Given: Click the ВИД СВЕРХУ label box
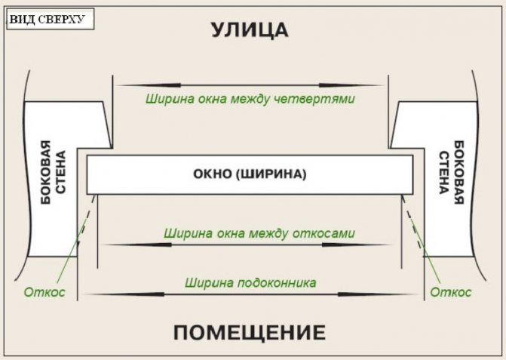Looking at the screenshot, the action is [51, 19].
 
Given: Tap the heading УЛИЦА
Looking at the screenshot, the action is [250, 30].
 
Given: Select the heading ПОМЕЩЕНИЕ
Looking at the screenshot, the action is [250, 333].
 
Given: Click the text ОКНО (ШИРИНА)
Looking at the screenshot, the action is [250, 174].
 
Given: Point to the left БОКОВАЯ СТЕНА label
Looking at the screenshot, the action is [53, 172].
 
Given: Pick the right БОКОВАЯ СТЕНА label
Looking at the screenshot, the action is [451, 172].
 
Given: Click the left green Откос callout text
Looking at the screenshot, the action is [44, 292].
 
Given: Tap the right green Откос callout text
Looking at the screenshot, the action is [451, 292].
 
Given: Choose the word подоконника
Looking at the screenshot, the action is [278, 283].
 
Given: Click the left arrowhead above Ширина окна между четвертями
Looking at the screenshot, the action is [149, 85].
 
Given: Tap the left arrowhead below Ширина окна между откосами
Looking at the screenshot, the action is [137, 245].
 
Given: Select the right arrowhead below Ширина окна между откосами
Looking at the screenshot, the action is [357, 245].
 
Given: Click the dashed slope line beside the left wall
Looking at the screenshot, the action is [87, 220].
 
